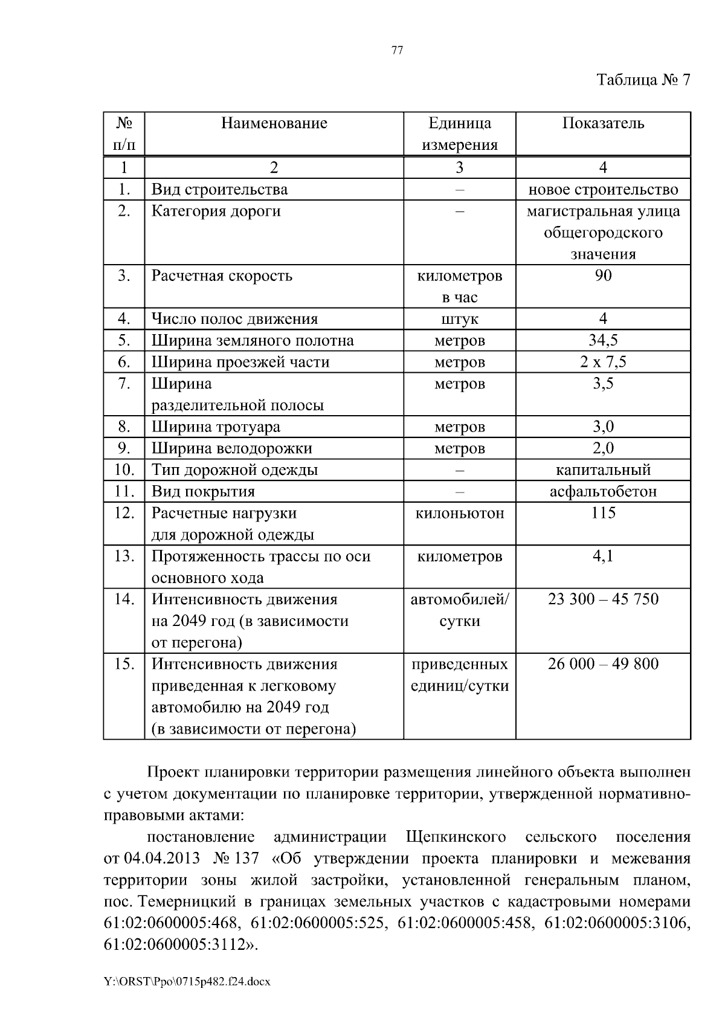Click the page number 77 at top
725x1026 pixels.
[397, 51]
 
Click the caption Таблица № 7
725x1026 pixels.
[643, 80]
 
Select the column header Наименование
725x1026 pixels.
[274, 124]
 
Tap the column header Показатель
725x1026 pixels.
[603, 124]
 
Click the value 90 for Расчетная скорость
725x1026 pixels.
[603, 276]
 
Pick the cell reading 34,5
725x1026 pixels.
[603, 341]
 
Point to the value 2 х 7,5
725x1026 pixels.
[603, 363]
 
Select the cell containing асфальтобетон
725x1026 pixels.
[603, 492]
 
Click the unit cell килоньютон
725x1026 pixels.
[459, 514]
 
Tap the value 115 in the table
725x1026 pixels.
[603, 514]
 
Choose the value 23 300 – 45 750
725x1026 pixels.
[603, 600]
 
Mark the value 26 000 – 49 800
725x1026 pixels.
[603, 665]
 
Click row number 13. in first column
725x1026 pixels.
[124, 557]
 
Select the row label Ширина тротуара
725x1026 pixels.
[216, 427]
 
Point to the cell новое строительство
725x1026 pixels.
[603, 190]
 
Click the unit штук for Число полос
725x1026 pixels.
[459, 319]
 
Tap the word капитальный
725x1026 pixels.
[603, 470]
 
